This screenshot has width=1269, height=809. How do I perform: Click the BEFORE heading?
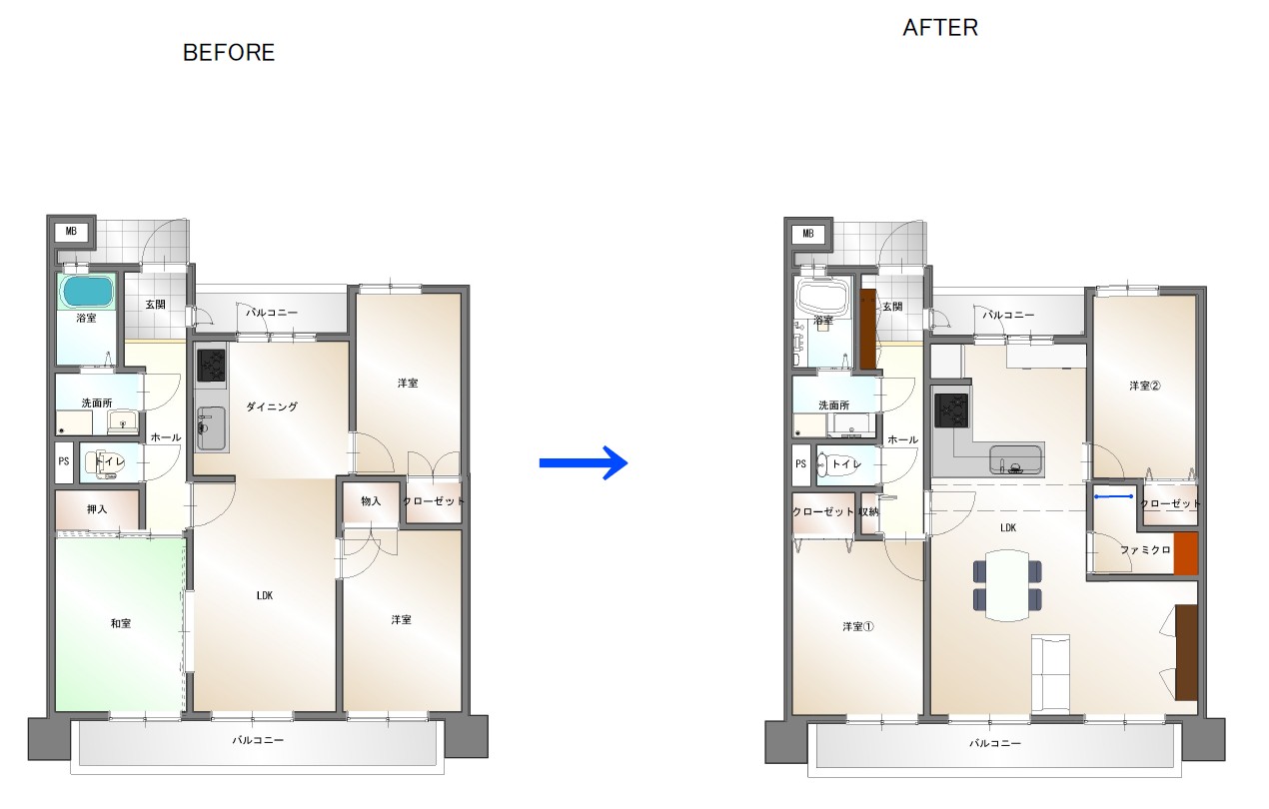(x=229, y=53)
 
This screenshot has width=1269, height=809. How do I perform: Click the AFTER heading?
(x=940, y=28)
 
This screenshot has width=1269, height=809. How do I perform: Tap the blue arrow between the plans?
(x=584, y=463)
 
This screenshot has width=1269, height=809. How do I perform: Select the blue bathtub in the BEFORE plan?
(x=88, y=291)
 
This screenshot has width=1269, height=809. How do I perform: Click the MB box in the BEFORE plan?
(x=71, y=231)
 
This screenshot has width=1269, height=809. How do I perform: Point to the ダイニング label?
(x=272, y=406)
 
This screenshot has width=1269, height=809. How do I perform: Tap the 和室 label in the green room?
(x=121, y=623)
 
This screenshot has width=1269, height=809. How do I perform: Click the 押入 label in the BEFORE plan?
(x=97, y=509)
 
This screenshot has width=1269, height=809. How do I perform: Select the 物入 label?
(x=371, y=501)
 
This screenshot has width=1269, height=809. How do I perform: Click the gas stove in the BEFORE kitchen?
(x=211, y=366)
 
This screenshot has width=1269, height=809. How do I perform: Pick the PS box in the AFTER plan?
(x=800, y=464)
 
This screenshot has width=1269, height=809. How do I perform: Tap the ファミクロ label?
(x=1145, y=549)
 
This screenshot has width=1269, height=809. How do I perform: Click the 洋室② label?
(x=1145, y=386)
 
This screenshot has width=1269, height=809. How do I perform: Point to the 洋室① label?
(x=858, y=626)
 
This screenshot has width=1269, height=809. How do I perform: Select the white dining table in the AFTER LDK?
(x=1007, y=585)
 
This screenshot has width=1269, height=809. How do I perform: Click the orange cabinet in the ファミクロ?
(x=1186, y=553)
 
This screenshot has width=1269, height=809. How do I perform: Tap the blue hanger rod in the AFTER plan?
(x=1114, y=496)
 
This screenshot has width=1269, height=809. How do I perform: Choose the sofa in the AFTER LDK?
(x=1050, y=674)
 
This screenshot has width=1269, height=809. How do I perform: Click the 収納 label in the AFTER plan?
(x=868, y=511)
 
